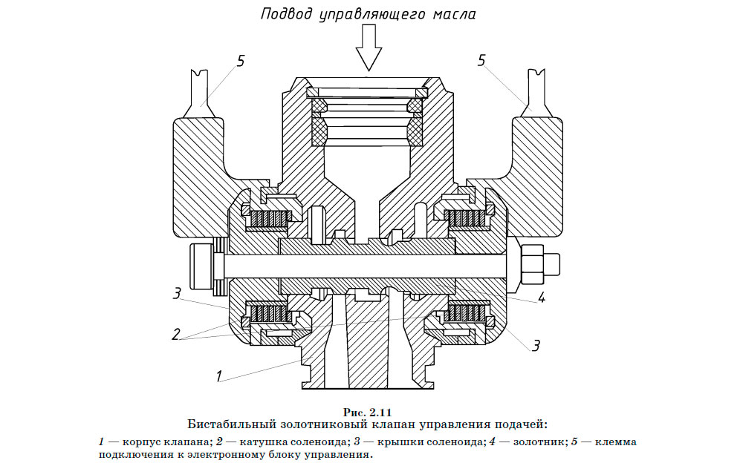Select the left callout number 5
(x=239, y=61)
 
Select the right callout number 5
(x=481, y=61)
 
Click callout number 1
(x=219, y=376)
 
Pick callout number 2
(x=177, y=334)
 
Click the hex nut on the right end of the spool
(x=533, y=264)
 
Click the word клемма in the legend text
(x=614, y=442)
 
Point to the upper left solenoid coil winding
(x=269, y=219)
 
